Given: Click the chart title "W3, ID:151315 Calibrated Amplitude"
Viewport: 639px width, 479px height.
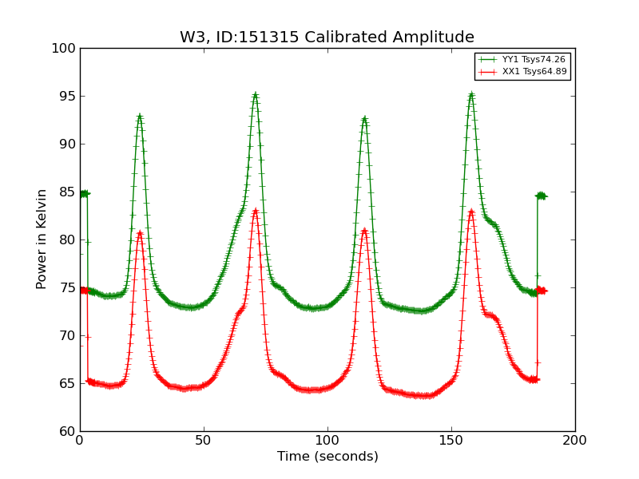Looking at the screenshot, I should pos(327,38).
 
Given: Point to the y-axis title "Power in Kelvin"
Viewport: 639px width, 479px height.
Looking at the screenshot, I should pos(42,239).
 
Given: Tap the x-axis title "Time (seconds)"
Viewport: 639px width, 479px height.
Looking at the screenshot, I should pos(327,457).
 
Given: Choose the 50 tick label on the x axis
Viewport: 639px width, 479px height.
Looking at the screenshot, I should pos(204,440).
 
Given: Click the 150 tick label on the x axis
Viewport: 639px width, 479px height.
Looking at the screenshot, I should pos(451,440).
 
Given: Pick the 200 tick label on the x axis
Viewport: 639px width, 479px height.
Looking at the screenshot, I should pos(574,440).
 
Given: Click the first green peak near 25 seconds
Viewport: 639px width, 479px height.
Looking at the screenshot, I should pos(140,116).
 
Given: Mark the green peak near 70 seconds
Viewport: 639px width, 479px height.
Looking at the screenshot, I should pos(256,94).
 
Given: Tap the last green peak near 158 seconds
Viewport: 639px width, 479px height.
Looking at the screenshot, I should pos(471,94).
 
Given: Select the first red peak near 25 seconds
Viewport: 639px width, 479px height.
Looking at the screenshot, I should pos(140,232).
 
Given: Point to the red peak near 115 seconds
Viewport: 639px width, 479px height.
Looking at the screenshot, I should pos(364,231).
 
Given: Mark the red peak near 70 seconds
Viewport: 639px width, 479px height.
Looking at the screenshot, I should pos(256,211).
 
